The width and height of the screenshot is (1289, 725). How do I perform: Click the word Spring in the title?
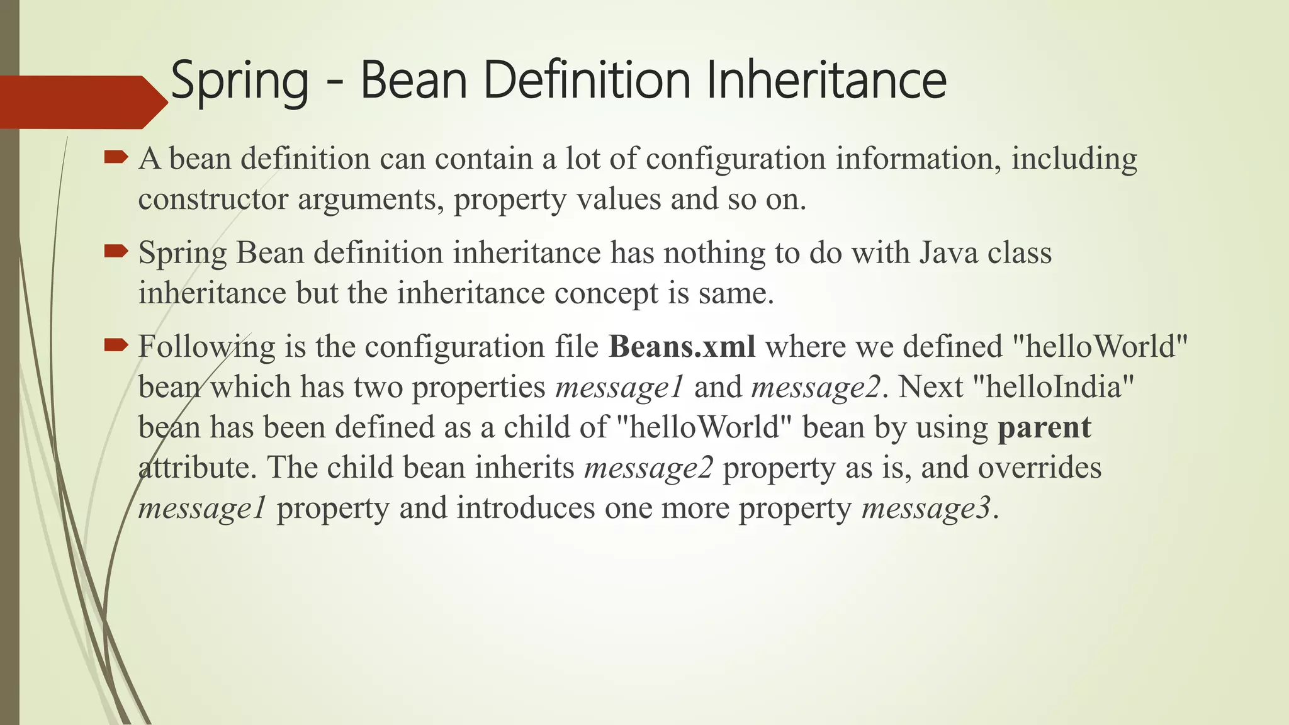[239, 81]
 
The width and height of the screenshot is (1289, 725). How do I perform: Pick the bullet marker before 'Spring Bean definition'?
[116, 252]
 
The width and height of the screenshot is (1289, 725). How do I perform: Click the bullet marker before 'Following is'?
[116, 345]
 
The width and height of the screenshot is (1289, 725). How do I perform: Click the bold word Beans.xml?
[682, 346]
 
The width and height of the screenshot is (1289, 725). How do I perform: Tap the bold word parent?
[1044, 428]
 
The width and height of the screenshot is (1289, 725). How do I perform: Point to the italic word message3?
[926, 509]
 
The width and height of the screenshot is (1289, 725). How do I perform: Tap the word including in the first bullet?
[1074, 159]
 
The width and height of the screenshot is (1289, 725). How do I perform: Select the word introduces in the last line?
[526, 509]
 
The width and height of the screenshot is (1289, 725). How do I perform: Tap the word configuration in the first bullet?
[735, 159]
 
